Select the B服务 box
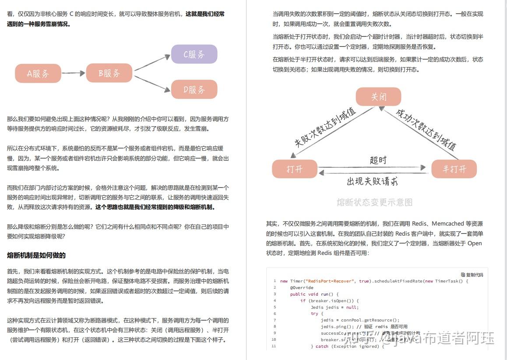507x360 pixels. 109,73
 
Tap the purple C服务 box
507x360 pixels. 194,54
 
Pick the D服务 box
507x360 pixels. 194,89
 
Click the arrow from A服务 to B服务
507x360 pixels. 73,73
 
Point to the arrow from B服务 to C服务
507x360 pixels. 151,62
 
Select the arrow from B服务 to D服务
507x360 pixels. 151,83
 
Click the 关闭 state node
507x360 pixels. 378,97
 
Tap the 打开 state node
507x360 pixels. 294,169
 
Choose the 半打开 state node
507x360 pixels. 454,169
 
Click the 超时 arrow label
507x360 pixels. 378,160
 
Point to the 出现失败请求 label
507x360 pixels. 372,181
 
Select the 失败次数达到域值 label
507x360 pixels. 325,127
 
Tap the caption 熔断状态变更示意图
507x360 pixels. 374,202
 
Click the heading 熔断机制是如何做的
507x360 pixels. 36,255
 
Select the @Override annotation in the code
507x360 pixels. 302,287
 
